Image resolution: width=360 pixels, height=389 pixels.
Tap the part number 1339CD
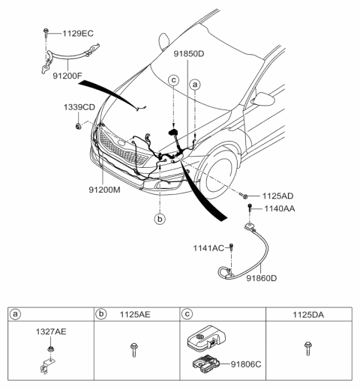(78, 108)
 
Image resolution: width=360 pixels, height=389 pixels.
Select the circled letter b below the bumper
(159, 219)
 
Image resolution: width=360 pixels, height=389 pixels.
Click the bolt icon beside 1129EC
(46, 33)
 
